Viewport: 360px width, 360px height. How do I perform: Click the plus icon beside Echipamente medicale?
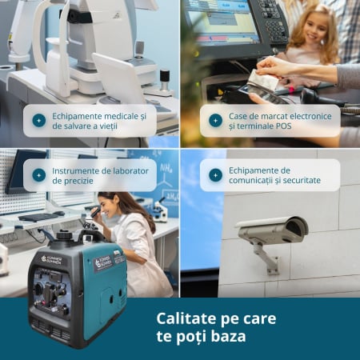pyautogui.click(x=39, y=121)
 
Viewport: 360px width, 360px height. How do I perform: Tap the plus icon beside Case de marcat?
pyautogui.click(x=215, y=121)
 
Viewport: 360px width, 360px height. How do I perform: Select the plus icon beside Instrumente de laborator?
pyautogui.click(x=39, y=175)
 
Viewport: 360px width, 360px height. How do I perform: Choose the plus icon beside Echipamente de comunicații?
pyautogui.click(x=215, y=175)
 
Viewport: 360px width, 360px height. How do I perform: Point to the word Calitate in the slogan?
pyautogui.click(x=186, y=318)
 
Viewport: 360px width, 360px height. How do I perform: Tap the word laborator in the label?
pyautogui.click(x=130, y=170)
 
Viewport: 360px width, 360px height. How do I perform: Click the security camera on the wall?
pyautogui.click(x=272, y=230)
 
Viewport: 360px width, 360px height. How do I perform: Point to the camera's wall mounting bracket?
pyautogui.click(x=266, y=258)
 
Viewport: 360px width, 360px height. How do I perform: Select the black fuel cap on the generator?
pyautogui.click(x=64, y=235)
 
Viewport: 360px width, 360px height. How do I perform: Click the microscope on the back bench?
pyautogui.click(x=161, y=210)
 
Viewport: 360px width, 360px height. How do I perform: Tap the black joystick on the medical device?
pyautogui.click(x=165, y=80)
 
